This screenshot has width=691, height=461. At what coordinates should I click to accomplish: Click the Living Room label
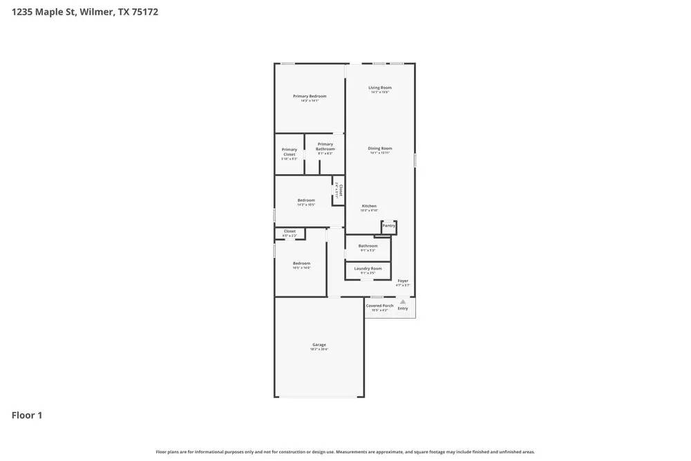click(x=379, y=88)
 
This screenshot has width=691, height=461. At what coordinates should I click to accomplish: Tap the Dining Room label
click(x=379, y=149)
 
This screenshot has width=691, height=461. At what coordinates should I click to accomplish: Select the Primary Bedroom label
click(x=310, y=96)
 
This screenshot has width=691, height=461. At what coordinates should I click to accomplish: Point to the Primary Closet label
click(x=290, y=151)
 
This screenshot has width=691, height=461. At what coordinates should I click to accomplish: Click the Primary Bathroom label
click(x=325, y=147)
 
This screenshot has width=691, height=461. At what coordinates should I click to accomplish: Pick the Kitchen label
click(x=370, y=206)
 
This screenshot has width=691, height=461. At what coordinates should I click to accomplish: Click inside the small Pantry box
click(x=389, y=226)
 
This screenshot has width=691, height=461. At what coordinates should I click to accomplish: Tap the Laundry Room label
click(x=368, y=268)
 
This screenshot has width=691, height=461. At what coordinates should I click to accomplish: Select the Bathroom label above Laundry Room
click(x=368, y=245)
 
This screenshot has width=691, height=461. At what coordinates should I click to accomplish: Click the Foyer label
click(x=403, y=281)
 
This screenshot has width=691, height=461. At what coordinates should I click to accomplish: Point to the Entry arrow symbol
click(x=403, y=301)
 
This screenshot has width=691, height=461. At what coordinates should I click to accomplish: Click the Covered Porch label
click(x=379, y=305)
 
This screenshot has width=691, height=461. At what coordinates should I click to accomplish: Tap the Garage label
click(x=319, y=344)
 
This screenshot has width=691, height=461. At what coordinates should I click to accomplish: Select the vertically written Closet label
click(x=340, y=190)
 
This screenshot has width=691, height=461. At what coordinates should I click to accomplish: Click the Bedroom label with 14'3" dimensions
click(x=306, y=200)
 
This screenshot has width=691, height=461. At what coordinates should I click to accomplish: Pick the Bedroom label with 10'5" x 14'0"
click(x=301, y=263)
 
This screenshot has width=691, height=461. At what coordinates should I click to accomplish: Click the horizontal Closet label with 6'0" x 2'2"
click(x=290, y=232)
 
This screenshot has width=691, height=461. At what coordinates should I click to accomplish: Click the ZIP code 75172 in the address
click(x=145, y=12)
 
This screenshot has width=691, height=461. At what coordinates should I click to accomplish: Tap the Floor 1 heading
click(x=27, y=415)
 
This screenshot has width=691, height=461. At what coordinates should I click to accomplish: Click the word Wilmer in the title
click(x=97, y=12)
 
